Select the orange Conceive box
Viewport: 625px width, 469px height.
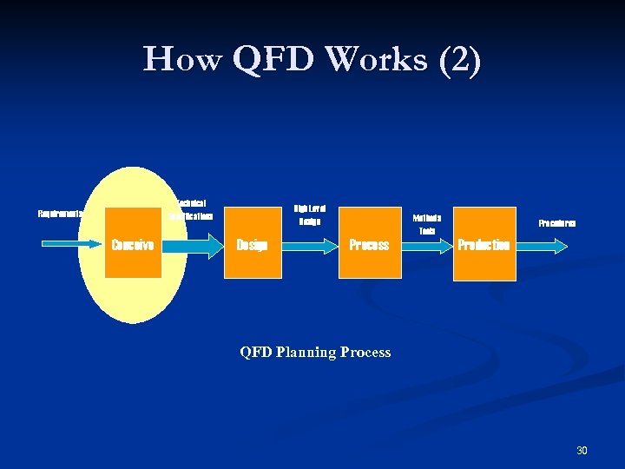coord(133,242)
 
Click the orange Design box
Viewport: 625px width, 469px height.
coord(253,242)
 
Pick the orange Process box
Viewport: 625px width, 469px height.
coord(369,242)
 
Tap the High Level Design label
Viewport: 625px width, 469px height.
coord(309,215)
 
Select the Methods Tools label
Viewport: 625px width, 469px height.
coord(427,224)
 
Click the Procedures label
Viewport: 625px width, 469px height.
coord(556,223)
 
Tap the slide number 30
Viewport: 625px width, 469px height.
coord(582,450)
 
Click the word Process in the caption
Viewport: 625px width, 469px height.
coord(365,352)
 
